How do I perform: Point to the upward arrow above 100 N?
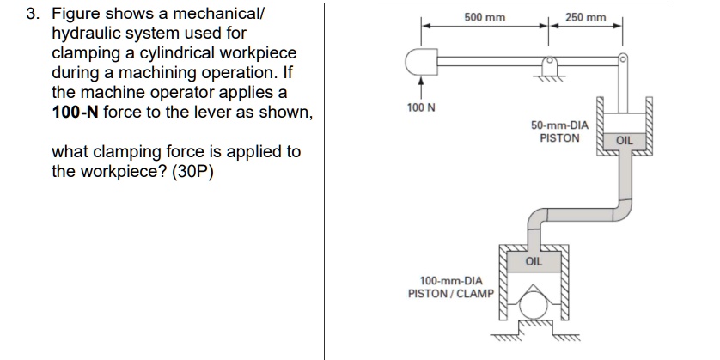click(420, 87)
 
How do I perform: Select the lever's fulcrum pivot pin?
click(548, 62)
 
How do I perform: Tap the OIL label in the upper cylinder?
click(623, 139)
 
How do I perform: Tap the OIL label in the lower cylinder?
click(533, 260)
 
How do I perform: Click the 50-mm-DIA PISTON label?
click(559, 131)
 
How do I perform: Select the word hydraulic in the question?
click(84, 34)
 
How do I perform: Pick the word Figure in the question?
click(76, 15)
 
